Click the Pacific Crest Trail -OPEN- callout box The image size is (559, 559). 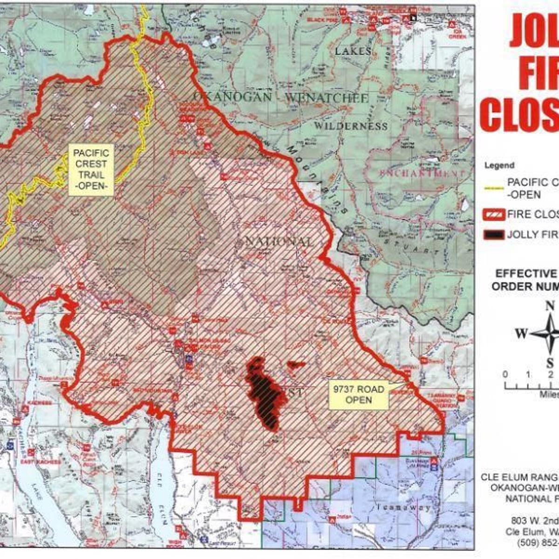tap(91, 170)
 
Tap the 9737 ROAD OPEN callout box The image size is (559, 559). tap(358, 395)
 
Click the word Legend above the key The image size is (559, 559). tap(499, 165)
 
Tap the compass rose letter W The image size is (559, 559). tap(521, 334)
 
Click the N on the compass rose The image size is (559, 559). tap(550, 306)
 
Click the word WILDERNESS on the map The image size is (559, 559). tap(350, 126)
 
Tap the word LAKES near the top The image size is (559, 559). tap(353, 51)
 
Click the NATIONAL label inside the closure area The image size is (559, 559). tap(279, 242)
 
